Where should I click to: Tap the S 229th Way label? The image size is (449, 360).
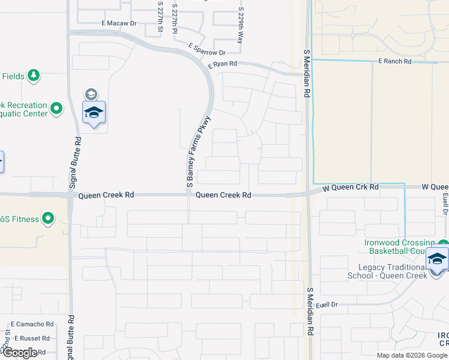click(x=241, y=26)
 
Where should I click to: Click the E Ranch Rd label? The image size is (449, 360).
click(x=394, y=61)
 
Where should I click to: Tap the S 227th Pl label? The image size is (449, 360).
click(x=175, y=19)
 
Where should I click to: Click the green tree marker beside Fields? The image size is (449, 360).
click(x=35, y=75)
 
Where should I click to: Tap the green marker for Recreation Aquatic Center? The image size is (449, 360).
click(x=57, y=109)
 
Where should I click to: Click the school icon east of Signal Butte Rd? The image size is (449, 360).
click(x=94, y=112)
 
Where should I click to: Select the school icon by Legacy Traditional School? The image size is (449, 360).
click(x=437, y=259)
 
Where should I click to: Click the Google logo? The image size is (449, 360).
click(x=19, y=353)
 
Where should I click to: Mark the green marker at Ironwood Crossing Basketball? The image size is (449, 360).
click(x=442, y=245)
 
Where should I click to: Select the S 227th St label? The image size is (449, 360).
click(x=160, y=16)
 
